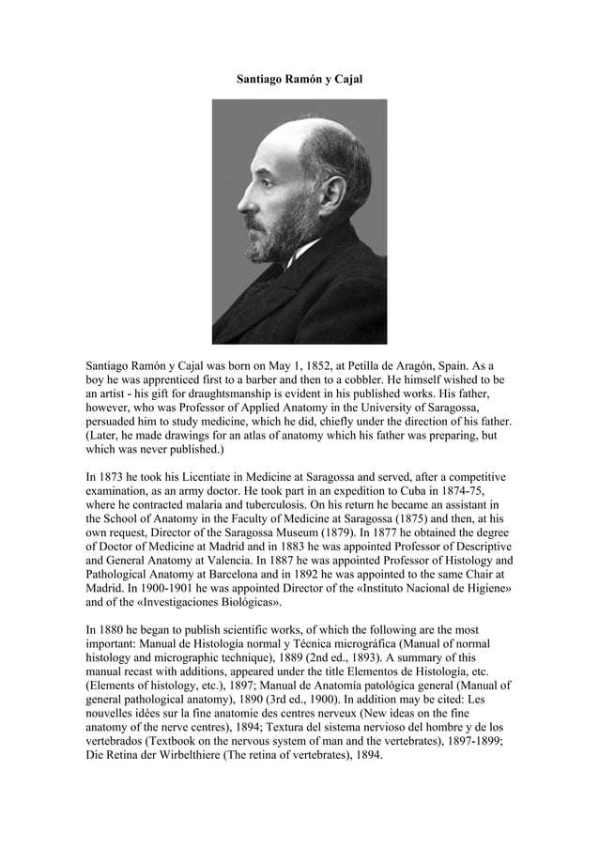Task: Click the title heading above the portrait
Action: point(299,80)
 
